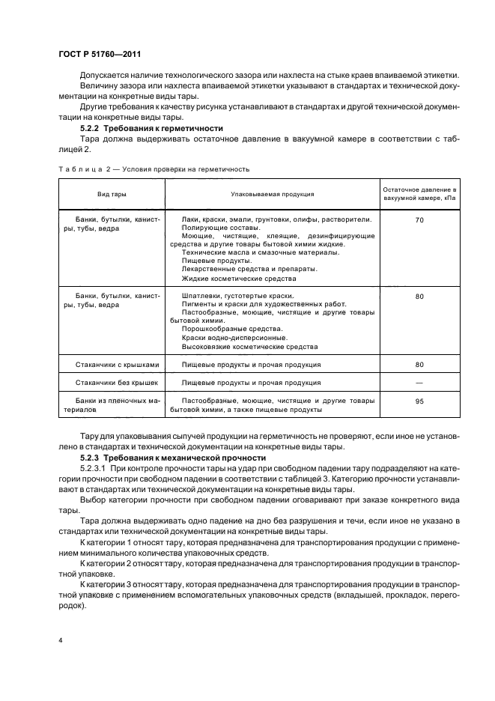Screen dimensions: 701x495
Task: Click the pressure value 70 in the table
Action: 419,220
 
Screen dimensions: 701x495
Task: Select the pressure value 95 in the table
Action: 419,401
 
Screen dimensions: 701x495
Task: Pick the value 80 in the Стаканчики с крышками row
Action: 419,365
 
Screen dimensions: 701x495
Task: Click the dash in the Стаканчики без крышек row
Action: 419,383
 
